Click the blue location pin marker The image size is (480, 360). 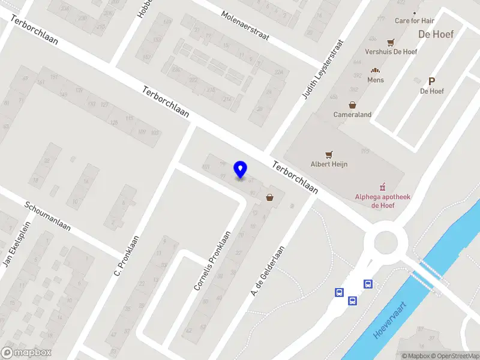[241, 170]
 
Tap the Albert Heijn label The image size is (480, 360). [329, 164]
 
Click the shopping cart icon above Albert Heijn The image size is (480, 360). [329, 154]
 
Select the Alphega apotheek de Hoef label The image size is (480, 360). [382, 200]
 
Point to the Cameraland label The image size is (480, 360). [352, 115]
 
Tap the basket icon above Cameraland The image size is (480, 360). [352, 104]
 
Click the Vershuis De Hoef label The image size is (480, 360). [391, 52]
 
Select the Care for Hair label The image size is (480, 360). [415, 20]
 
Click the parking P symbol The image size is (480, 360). [431, 82]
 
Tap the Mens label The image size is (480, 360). [376, 80]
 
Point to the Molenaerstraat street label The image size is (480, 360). [245, 26]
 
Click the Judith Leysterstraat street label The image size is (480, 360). [323, 69]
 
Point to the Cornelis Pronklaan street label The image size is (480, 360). [212, 261]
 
